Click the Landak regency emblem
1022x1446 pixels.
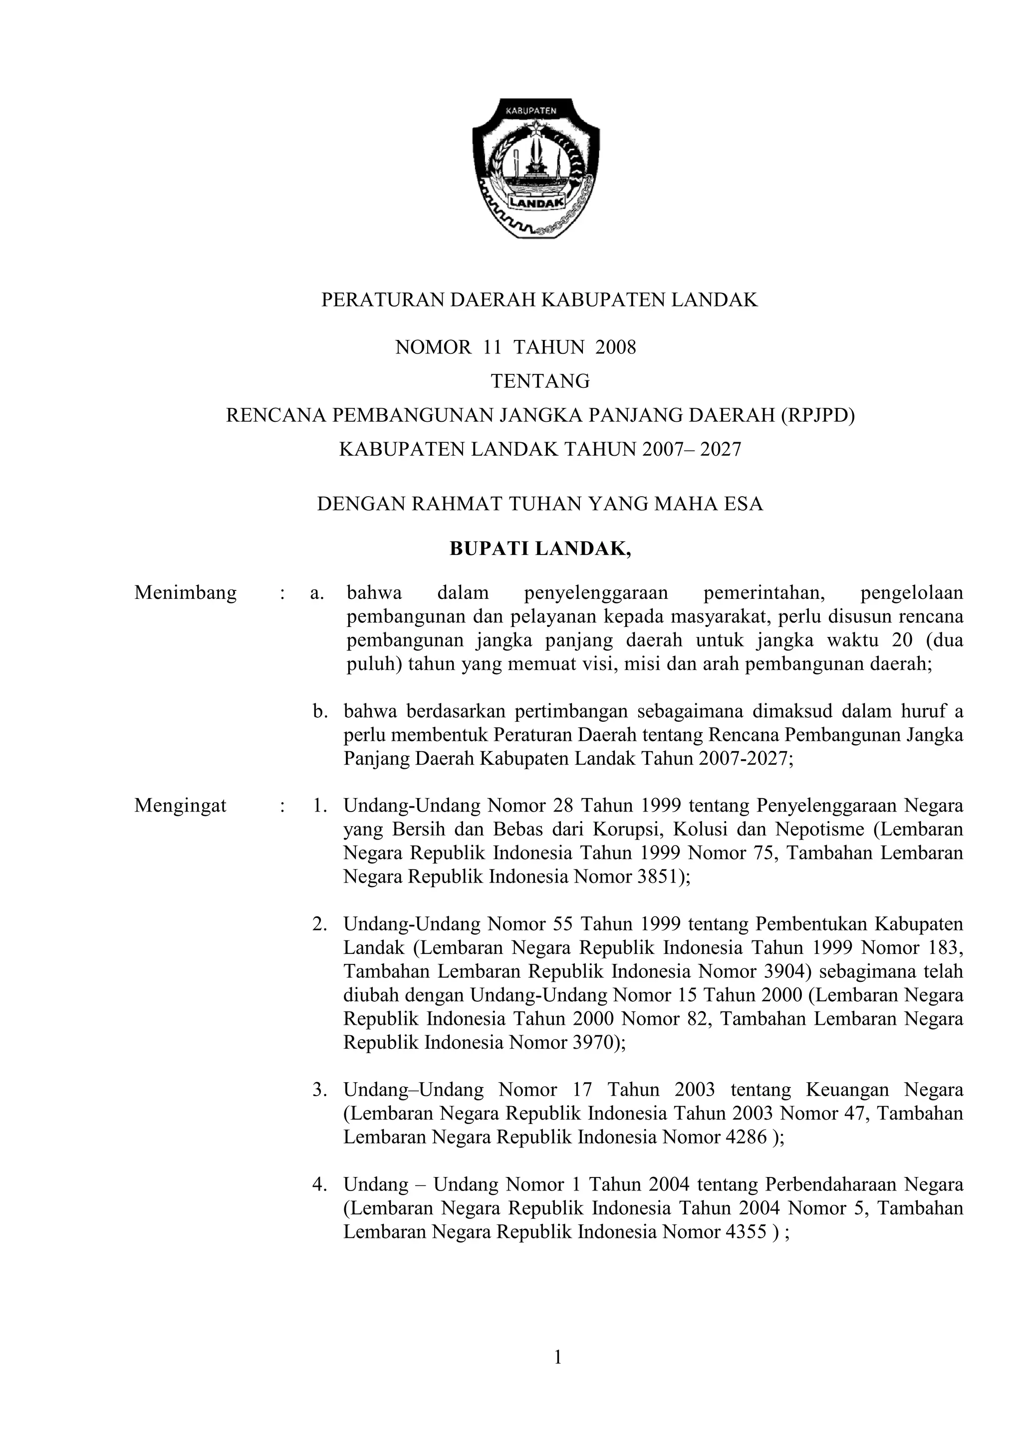point(536,168)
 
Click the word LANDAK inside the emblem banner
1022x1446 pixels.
point(536,203)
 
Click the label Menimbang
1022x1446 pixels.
point(185,592)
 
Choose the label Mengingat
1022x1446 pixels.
point(180,806)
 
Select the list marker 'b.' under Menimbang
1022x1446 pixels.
point(320,711)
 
